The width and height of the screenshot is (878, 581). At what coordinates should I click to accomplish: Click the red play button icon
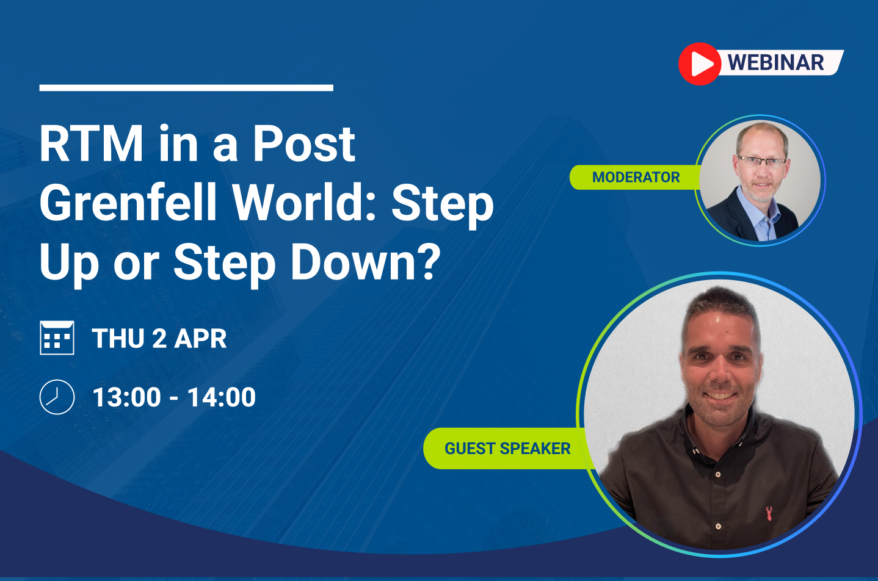click(x=700, y=64)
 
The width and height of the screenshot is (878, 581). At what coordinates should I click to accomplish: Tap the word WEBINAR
click(x=775, y=63)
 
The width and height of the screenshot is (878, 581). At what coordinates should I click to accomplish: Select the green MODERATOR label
click(x=635, y=178)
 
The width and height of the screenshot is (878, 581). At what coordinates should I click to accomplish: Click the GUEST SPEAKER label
click(x=507, y=449)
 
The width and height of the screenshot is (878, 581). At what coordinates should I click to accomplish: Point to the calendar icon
click(x=57, y=337)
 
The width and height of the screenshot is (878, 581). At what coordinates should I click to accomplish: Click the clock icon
click(x=57, y=397)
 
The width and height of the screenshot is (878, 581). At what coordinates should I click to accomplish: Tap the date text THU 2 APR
click(x=159, y=339)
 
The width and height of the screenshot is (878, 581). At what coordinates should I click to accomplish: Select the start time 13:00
click(x=126, y=397)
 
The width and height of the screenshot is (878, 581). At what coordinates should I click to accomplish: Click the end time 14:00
click(x=222, y=397)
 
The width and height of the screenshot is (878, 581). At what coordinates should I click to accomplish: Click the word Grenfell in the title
click(x=128, y=202)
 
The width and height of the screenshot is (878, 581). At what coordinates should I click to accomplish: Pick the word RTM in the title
click(x=92, y=143)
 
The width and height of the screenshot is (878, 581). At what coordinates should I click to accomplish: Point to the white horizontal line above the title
click(x=186, y=88)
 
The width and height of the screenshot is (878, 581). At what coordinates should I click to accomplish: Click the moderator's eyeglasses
click(x=761, y=161)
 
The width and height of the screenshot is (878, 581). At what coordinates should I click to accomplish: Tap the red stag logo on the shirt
click(x=769, y=513)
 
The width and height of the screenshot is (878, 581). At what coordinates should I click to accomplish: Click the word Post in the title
click(x=304, y=143)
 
